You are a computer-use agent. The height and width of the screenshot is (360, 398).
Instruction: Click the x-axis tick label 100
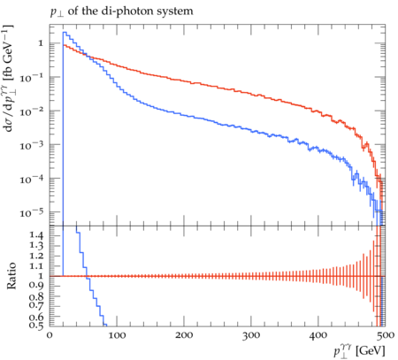click(x=117, y=335)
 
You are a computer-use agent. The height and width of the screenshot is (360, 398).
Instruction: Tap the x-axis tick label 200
click(x=184, y=335)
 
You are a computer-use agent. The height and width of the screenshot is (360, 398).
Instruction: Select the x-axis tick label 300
click(x=251, y=335)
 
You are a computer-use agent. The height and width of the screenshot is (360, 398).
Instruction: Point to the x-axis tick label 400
click(x=318, y=335)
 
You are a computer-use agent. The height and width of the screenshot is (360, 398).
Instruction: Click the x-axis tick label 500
click(x=386, y=335)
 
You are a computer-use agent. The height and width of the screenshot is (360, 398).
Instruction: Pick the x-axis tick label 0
click(x=50, y=335)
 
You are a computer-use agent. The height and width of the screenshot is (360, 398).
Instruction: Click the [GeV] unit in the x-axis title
click(x=371, y=351)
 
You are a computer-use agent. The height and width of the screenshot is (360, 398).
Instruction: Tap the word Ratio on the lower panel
click(x=11, y=275)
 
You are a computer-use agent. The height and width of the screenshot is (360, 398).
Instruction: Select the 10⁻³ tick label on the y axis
click(x=32, y=145)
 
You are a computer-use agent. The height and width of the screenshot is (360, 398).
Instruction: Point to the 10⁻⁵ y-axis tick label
click(x=32, y=212)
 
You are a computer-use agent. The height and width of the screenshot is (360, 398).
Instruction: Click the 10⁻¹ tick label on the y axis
click(x=32, y=78)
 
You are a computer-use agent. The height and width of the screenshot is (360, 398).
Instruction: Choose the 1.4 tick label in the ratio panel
click(x=36, y=235)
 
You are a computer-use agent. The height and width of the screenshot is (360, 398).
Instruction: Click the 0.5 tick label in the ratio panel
click(x=36, y=326)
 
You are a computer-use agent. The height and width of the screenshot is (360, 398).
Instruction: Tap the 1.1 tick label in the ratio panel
click(x=36, y=266)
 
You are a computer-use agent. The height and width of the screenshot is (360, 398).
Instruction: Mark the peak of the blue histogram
click(x=65, y=32)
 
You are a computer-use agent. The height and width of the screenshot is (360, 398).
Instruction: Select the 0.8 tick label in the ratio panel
click(x=36, y=296)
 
